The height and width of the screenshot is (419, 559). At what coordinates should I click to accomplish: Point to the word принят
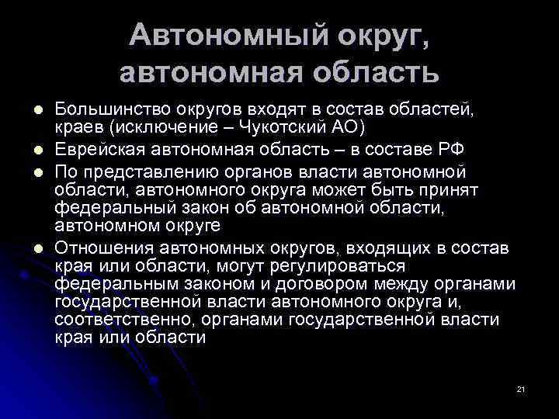coord(449,189)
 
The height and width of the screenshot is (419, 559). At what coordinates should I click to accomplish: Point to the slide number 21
coord(520,387)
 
